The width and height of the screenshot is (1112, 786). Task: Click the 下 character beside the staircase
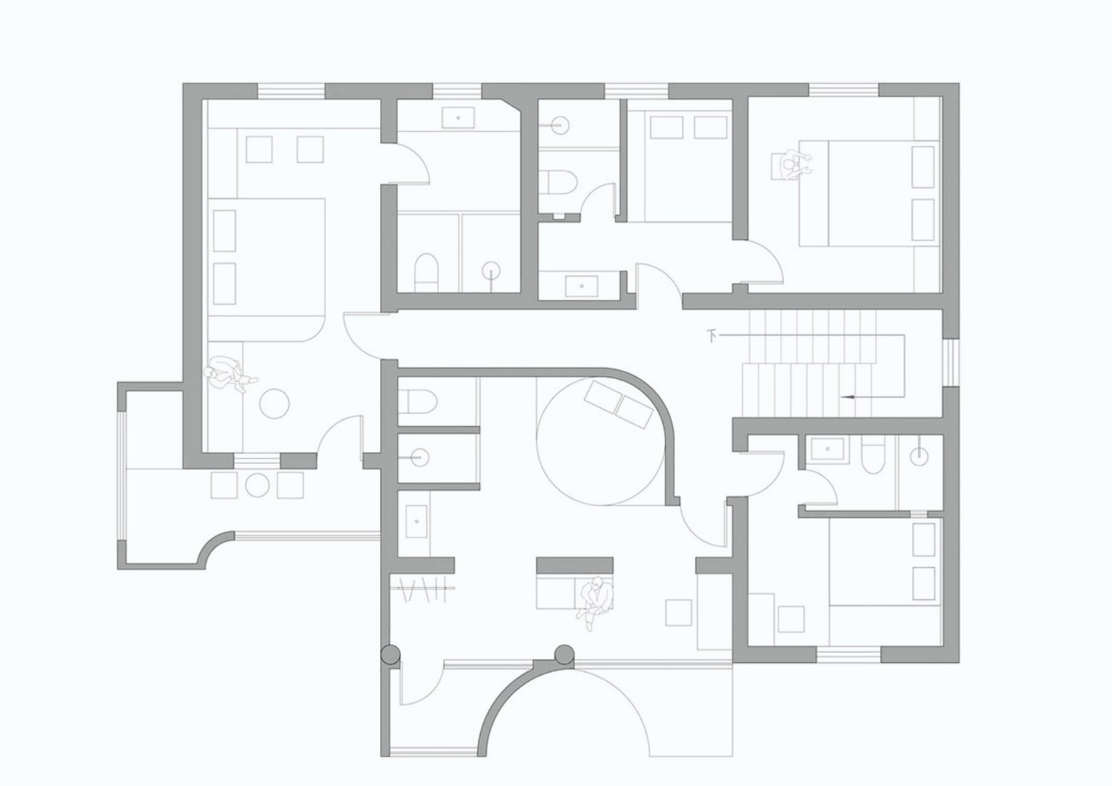[712, 337]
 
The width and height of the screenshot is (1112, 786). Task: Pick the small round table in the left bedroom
[274, 402]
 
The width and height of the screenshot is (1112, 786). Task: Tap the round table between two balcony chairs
[258, 485]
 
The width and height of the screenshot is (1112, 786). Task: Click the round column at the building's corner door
[389, 655]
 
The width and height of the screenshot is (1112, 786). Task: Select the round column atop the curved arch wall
[564, 654]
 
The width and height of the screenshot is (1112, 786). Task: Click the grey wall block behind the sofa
[575, 565]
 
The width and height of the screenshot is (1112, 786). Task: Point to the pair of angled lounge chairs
[618, 404]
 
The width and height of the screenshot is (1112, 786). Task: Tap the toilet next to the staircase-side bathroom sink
[870, 455]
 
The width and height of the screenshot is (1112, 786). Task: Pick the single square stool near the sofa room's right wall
[678, 612]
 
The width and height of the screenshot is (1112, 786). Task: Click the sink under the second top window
[458, 117]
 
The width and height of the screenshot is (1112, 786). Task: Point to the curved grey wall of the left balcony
[216, 548]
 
